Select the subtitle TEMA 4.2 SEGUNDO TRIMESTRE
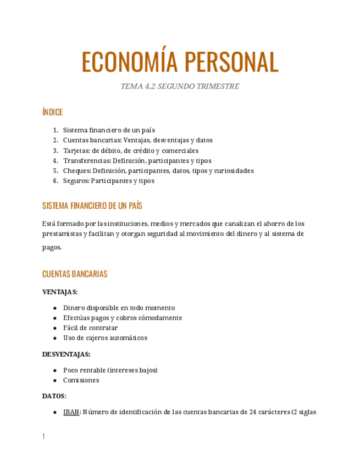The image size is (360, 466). coord(180,86)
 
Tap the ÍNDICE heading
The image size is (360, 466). coord(52,112)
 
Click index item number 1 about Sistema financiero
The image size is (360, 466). coord(109,130)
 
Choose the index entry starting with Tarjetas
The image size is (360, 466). coord(131,151)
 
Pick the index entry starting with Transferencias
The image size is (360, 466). coord(137,160)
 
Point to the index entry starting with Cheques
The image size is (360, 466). coord(158,170)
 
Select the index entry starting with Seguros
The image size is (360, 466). coord(108,180)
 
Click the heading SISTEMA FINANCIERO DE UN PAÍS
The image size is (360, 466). coord(92,206)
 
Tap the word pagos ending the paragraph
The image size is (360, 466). coord(52,247)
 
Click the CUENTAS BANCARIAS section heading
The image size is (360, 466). coord(75,274)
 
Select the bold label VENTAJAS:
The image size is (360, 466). coord(60,292)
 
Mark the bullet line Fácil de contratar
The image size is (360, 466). coord(90,328)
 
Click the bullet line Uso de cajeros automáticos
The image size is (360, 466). coord(105,337)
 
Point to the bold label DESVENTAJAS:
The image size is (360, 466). coord(67,354)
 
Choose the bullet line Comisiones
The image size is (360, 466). coord(81,380)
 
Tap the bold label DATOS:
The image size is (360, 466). coord(54,396)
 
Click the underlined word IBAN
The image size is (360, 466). coord(71,412)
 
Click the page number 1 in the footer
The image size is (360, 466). coord(43,436)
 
